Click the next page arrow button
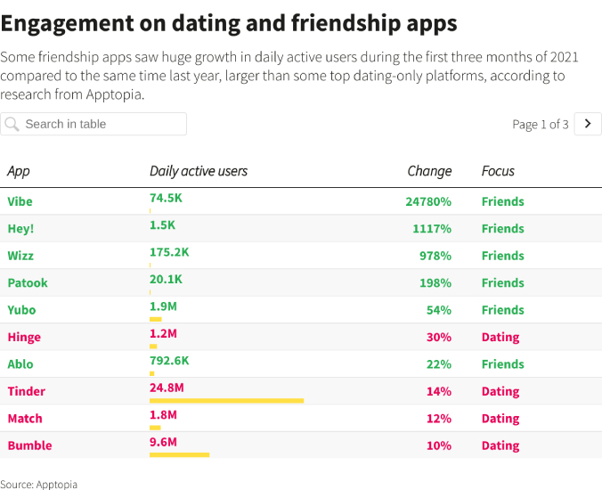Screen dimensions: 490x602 pos(588,124)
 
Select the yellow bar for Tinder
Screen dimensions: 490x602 pos(226,401)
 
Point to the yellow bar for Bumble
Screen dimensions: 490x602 pos(179,455)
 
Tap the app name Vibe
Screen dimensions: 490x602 pos(20,201)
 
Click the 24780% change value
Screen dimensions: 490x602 pos(428,201)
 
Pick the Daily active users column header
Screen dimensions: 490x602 pos(199,171)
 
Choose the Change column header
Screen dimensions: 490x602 pos(429,171)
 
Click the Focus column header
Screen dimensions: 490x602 pos(498,171)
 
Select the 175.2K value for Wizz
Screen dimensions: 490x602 pos(169,252)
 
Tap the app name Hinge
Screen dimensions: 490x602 pos(24,337)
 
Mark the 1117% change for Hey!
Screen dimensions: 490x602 pos(432,229)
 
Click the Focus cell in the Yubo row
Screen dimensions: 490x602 pos(502,310)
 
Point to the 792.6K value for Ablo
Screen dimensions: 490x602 pos(169,361)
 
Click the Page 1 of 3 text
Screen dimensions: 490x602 pos(540,125)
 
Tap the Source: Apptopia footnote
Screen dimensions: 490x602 pos(39,484)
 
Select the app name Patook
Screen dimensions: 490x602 pos(28,282)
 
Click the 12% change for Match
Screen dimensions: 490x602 pos(439,419)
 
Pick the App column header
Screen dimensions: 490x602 pos(19,171)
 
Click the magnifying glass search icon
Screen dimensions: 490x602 pos(12,124)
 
